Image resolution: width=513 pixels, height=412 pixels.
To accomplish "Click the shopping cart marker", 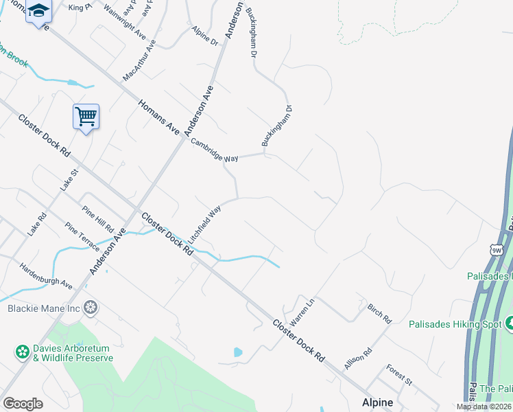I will tap(86, 117).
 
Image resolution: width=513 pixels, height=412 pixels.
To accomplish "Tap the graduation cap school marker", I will tap(39, 12).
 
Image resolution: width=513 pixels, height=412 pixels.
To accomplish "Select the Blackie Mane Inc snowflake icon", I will tap(89, 308).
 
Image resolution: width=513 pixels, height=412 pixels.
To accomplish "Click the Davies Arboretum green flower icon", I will tap(23, 352).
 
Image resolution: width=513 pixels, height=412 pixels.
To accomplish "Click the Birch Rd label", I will tap(379, 314).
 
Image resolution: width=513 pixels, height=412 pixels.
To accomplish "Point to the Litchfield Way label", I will tap(204, 223).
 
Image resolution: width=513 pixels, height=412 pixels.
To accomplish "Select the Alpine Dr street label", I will tap(204, 36).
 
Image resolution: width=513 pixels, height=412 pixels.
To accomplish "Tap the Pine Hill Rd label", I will tap(98, 219).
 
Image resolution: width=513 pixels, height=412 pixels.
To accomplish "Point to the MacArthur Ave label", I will tap(139, 59).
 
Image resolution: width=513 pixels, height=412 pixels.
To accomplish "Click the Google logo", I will tap(23, 404).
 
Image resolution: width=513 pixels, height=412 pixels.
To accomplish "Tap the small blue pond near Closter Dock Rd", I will tap(238, 352).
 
